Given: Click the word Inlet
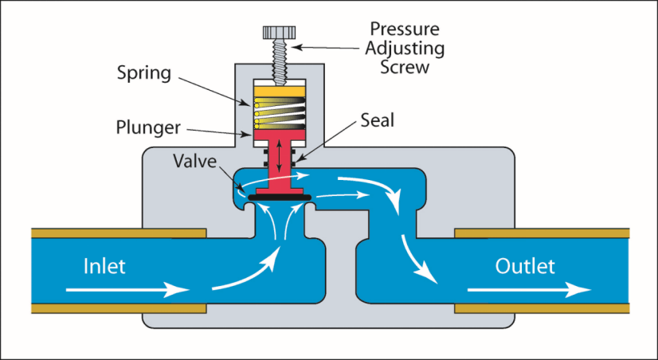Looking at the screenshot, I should pos(104,265).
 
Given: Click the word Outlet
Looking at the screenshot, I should pos(525,265).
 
